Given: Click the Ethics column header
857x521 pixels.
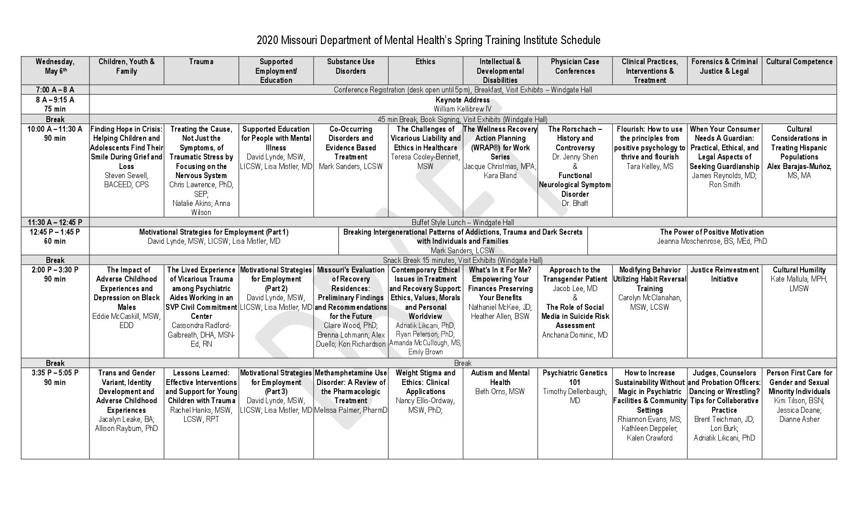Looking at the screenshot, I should point(425,62).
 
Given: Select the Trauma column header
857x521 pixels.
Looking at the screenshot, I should point(201,62).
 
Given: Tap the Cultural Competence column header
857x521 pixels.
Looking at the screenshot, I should point(799,62).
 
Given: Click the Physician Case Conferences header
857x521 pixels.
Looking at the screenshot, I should point(575,67).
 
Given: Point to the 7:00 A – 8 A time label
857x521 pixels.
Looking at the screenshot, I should point(55,90).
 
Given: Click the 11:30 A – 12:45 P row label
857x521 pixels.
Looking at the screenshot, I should point(55,222).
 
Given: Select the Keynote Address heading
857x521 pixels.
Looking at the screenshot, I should point(462,100).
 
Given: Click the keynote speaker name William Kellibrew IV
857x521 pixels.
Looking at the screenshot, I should point(462,109).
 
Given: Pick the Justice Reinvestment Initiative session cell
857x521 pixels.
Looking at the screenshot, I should point(724,274).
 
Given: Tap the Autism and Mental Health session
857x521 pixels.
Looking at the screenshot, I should point(500,377).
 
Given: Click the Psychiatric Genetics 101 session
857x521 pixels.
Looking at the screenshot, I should point(575,377).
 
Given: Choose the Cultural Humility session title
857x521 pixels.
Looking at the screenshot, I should point(799,270).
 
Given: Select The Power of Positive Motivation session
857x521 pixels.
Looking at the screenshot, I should point(712,232).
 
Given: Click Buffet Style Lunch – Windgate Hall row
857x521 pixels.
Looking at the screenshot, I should point(462,222).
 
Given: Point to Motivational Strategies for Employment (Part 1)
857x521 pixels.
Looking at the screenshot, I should point(214,232).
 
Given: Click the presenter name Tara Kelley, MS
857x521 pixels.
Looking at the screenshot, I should point(649,167).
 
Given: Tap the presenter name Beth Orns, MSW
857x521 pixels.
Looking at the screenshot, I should point(500,392).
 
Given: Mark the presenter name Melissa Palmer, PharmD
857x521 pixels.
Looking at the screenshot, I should point(351,410).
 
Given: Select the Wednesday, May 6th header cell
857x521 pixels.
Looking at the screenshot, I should point(55,67).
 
